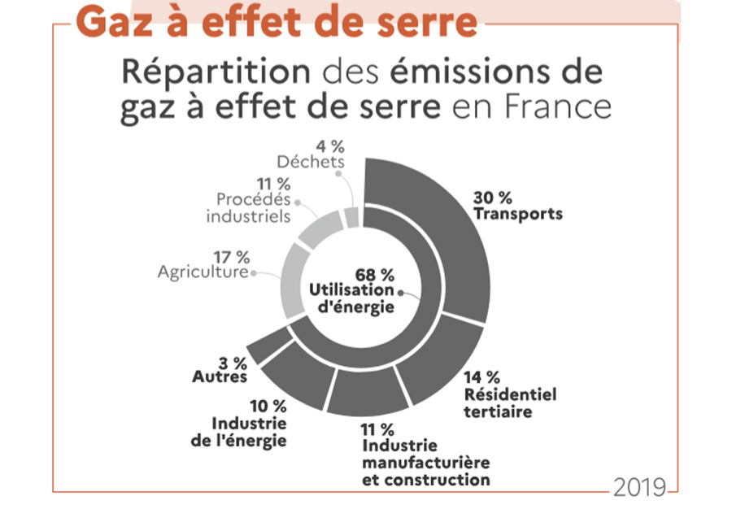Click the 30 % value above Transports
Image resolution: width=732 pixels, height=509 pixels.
point(492,198)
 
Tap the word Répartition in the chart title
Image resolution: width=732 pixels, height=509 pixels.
point(216,72)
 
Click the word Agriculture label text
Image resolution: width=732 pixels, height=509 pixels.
point(202,271)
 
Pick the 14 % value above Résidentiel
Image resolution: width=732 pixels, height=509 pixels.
point(481,377)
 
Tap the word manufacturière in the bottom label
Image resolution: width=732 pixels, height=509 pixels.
point(425,463)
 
